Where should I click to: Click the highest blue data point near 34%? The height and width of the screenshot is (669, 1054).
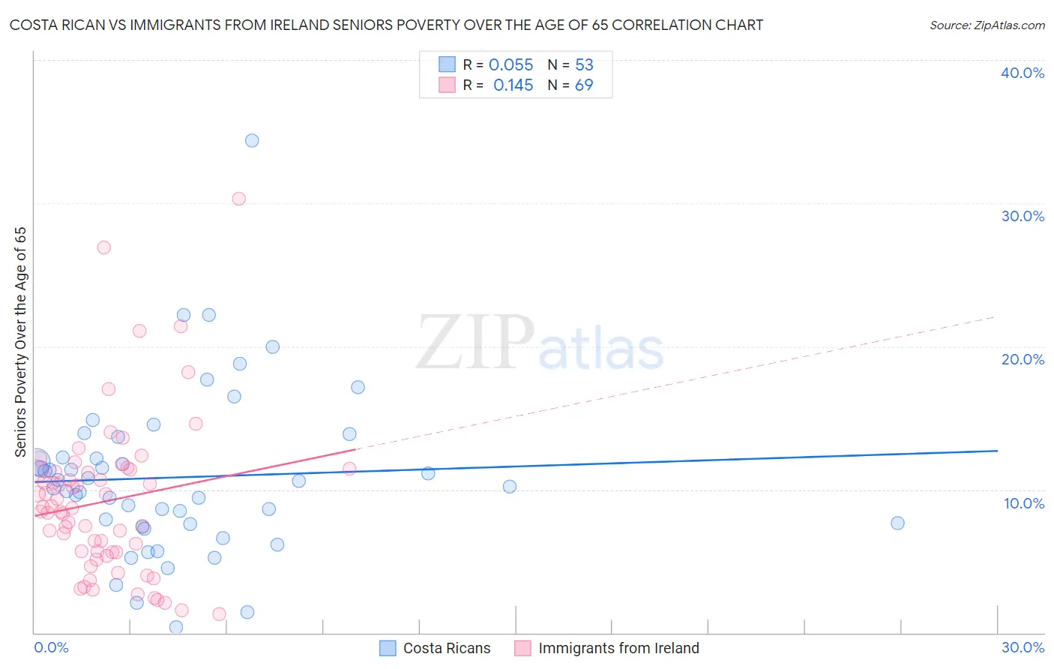[x=252, y=141]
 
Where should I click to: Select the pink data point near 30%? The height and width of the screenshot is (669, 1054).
[x=238, y=199]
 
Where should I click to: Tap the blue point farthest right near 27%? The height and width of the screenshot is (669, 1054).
[x=897, y=523]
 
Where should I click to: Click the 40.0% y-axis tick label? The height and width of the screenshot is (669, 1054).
[x=1023, y=73]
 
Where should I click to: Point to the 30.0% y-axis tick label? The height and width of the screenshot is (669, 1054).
[x=1023, y=216]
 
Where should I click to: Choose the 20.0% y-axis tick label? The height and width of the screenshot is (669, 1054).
[x=1023, y=359]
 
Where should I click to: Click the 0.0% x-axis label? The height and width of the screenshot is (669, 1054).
[x=51, y=647]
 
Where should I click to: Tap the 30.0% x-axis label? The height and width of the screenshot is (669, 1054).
[x=1023, y=647]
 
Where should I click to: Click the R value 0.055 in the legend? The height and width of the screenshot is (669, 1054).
[x=511, y=65]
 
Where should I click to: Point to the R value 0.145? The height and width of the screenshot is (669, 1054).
[x=513, y=85]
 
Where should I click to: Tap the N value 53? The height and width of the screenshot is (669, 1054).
[x=584, y=65]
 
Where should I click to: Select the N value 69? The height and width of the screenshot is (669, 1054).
[x=584, y=85]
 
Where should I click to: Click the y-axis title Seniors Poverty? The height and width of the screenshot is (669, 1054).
[x=20, y=341]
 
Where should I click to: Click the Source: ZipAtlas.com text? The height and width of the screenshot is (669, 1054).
[x=987, y=25]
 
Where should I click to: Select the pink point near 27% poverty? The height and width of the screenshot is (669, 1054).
[x=103, y=247]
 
